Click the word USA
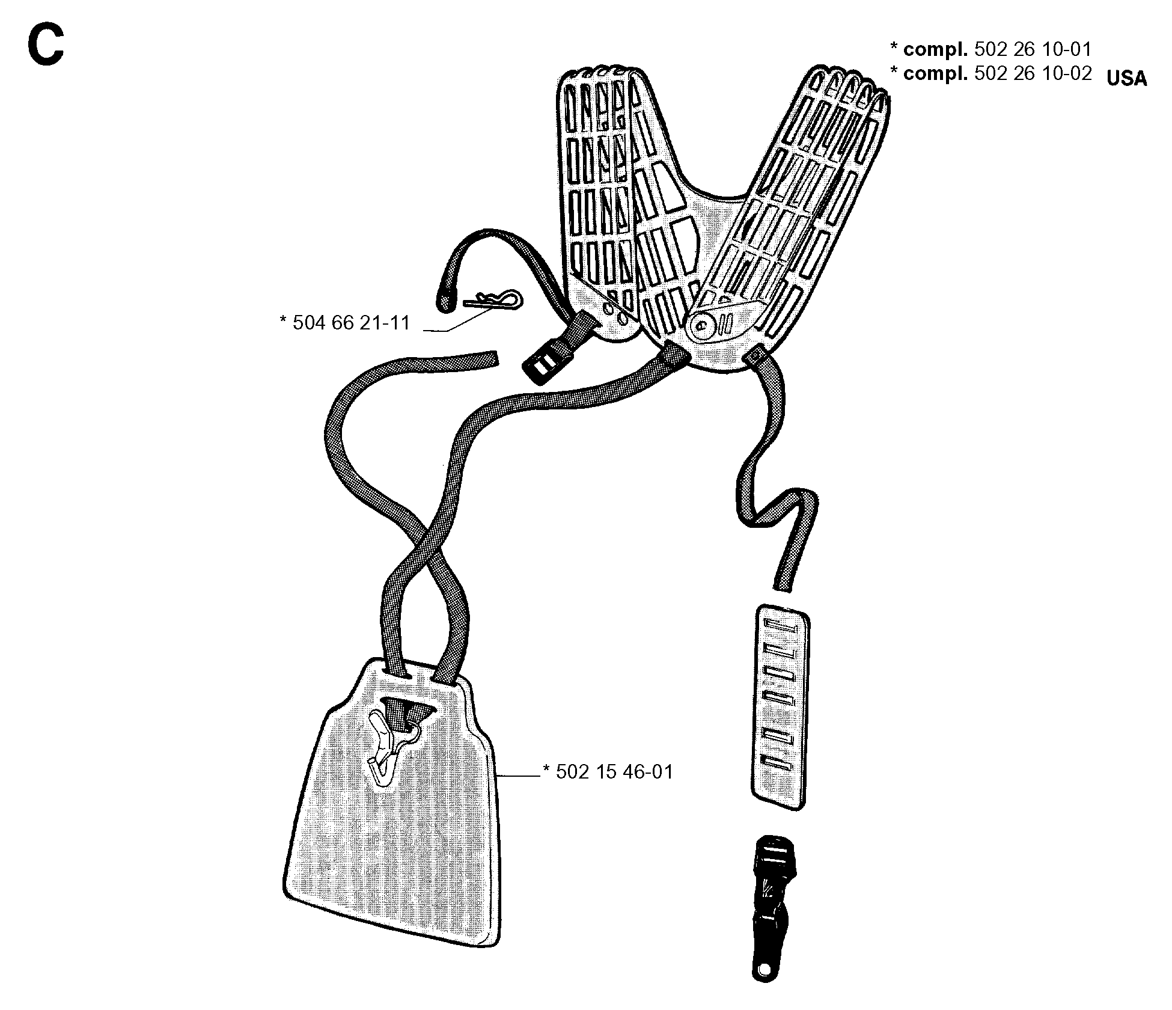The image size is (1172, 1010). (1126, 79)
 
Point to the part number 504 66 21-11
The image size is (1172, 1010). (351, 323)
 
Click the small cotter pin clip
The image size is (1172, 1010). (492, 299)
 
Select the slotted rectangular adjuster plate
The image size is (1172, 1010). (780, 709)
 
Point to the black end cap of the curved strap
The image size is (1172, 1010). (445, 299)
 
